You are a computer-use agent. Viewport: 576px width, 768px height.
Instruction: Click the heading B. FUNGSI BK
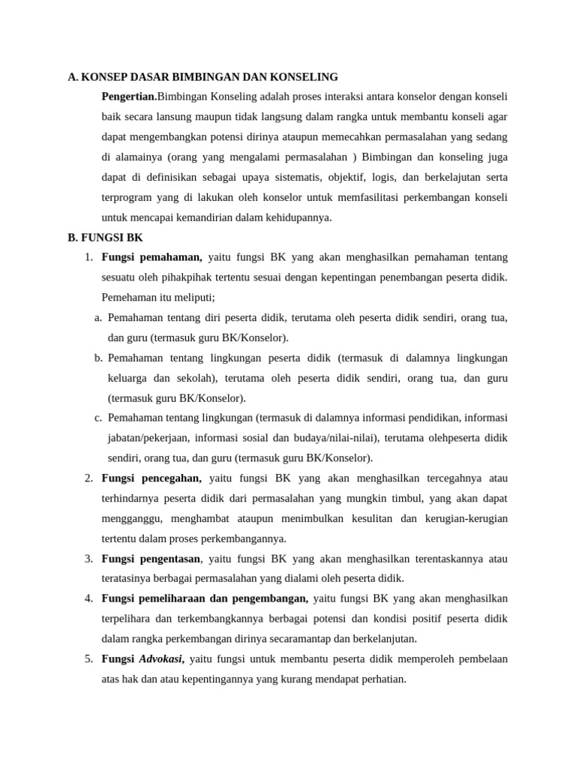point(105,238)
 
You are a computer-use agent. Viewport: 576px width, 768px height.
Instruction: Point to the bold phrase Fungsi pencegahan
point(151,478)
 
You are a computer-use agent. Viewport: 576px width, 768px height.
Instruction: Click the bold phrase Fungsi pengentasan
point(151,559)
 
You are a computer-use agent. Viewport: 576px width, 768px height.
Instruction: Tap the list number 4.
point(88,598)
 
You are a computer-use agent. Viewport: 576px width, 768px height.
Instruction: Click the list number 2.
point(88,478)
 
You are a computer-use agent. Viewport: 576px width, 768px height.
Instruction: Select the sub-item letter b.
point(98,358)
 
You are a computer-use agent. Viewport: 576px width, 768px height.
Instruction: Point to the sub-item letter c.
point(98,418)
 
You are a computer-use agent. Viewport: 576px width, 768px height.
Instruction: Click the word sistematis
point(289,177)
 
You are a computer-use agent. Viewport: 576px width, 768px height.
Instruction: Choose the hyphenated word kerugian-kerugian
point(465,518)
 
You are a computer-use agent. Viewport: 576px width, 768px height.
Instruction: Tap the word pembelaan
point(478,659)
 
